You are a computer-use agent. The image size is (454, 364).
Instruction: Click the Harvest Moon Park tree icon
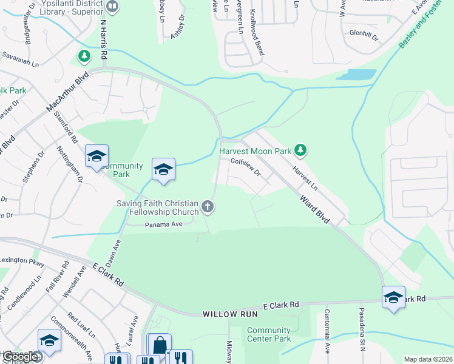[299, 149]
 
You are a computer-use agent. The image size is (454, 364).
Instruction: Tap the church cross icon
[208, 207]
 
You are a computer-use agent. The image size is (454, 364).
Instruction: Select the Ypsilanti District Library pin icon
[112, 6]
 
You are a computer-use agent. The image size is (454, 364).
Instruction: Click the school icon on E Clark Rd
[394, 297]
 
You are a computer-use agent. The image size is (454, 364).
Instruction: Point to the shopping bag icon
[159, 346]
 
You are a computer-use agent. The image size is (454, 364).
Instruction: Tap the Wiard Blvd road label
[314, 209]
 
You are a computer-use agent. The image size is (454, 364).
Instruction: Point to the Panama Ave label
[163, 224]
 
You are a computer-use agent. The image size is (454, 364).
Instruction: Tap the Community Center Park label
[269, 334]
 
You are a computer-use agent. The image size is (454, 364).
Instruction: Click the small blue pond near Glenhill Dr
[355, 75]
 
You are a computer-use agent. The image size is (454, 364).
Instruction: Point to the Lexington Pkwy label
[22, 260]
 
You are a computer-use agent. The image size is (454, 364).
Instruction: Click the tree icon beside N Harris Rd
[84, 56]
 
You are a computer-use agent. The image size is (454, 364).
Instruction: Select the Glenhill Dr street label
[364, 35]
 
